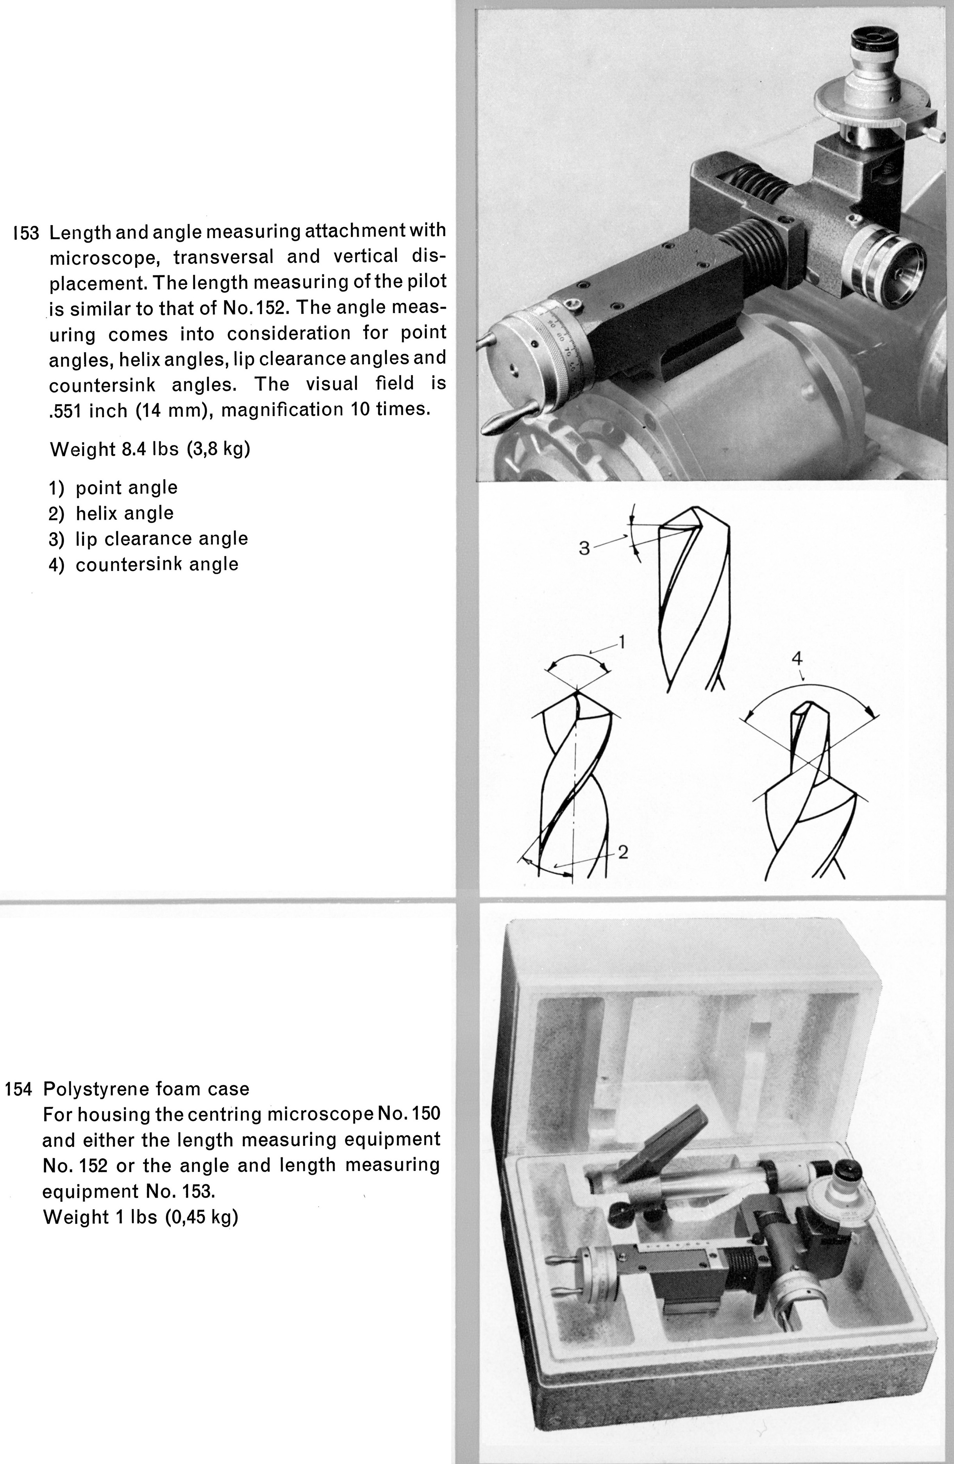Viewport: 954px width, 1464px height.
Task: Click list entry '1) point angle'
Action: (x=113, y=488)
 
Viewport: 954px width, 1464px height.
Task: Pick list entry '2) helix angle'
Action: (x=111, y=513)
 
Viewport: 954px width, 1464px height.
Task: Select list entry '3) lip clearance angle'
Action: (x=148, y=539)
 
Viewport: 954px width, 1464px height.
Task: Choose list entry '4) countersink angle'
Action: (x=143, y=564)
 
